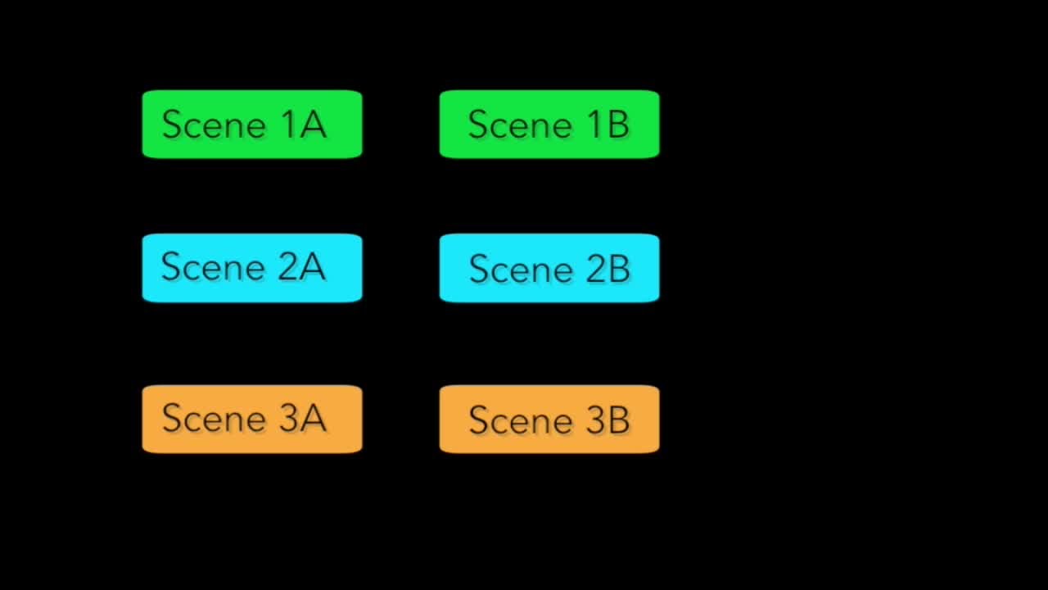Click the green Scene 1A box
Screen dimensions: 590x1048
click(x=252, y=124)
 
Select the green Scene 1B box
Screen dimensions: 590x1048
click(x=549, y=124)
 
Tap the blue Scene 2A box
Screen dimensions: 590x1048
click(x=252, y=268)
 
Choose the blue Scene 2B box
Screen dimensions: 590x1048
click(x=549, y=268)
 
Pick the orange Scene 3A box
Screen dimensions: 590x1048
click(x=252, y=419)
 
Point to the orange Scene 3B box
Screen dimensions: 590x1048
click(x=549, y=419)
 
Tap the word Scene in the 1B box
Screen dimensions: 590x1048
click(x=520, y=125)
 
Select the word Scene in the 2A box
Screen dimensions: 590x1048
click(x=214, y=267)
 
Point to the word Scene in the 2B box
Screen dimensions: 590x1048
click(x=521, y=270)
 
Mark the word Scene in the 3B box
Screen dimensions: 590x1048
click(x=521, y=420)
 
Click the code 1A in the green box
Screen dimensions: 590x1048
click(x=303, y=125)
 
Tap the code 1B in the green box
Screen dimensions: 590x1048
click(x=608, y=125)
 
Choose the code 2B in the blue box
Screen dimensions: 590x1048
click(x=608, y=270)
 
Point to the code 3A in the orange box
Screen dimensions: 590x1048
click(x=303, y=418)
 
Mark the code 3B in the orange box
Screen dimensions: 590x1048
click(x=608, y=420)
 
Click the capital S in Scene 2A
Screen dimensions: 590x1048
click(x=170, y=267)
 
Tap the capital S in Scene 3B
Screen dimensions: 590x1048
click(x=478, y=420)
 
